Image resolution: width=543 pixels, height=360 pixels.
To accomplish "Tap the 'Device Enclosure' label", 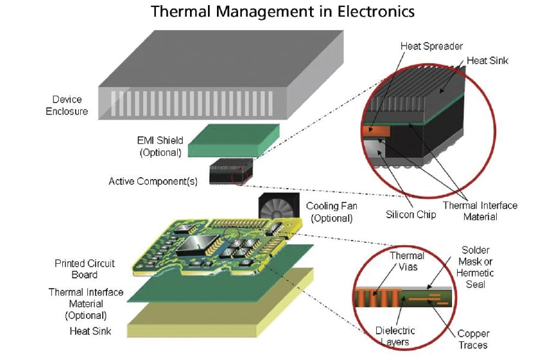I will point(70,106).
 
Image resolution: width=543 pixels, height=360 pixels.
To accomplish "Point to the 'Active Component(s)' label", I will point(153,180).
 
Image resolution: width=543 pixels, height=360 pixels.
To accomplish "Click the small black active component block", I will point(228,172).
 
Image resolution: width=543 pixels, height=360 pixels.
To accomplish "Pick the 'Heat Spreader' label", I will point(422,46).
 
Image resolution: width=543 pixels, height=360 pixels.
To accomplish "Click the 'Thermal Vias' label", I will point(407,261).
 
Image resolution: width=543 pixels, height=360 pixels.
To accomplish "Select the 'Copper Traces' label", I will point(473,339).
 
